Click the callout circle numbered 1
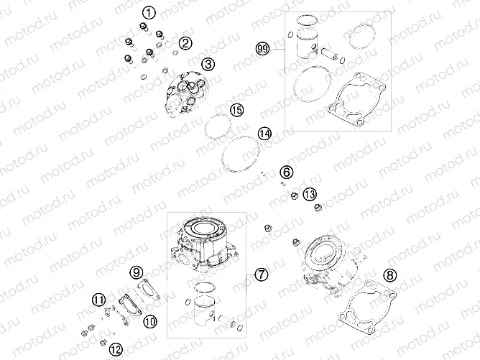pyautogui.click(x=148, y=12)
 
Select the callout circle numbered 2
pyautogui.click(x=186, y=43)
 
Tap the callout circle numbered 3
pyautogui.click(x=208, y=65)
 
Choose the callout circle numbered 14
pyautogui.click(x=265, y=134)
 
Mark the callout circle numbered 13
pyautogui.click(x=310, y=195)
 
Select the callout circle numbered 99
pyautogui.click(x=262, y=49)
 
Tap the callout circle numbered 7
pyautogui.click(x=262, y=274)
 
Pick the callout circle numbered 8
pyautogui.click(x=389, y=274)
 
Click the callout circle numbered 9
pyautogui.click(x=136, y=272)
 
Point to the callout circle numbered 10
pyautogui.click(x=149, y=321)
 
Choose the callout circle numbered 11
pyautogui.click(x=98, y=300)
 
